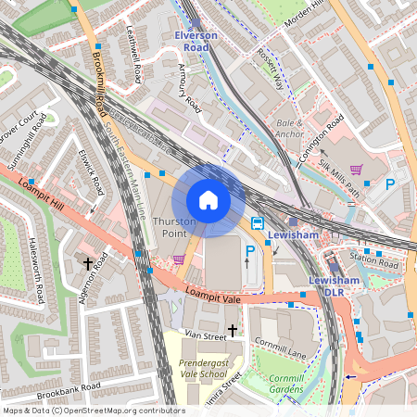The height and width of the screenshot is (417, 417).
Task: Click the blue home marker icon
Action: coord(208,199)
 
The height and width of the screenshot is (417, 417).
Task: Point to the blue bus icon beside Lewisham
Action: coord(258,222)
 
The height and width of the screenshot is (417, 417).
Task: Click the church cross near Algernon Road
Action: coord(89,264)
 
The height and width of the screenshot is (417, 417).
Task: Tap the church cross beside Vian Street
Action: coord(232,329)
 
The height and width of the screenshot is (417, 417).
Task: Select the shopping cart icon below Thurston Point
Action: coord(178,259)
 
